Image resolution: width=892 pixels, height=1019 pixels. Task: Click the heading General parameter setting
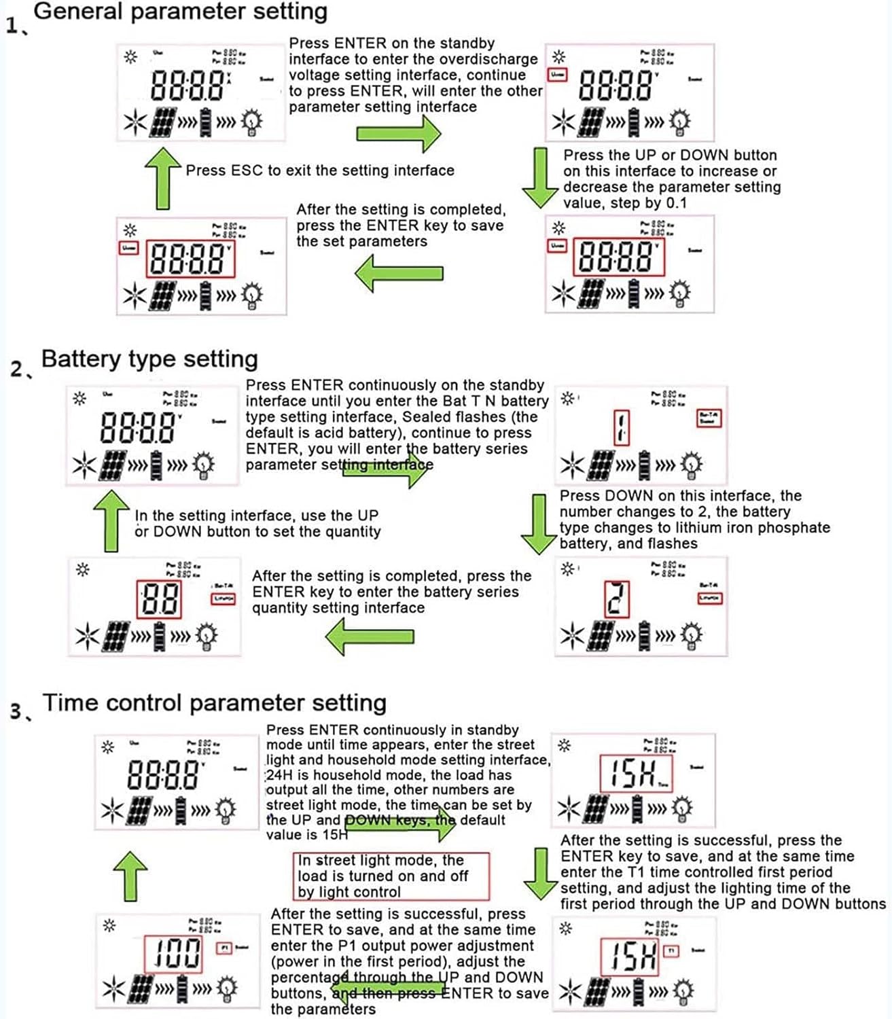[180, 12]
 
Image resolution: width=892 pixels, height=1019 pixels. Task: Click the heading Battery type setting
[149, 359]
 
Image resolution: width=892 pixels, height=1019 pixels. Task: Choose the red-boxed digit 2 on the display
[617, 598]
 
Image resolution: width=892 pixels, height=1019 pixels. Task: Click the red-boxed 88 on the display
[159, 600]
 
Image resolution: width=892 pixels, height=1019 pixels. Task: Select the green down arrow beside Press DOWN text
[539, 524]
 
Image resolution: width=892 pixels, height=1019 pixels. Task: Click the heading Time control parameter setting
[214, 702]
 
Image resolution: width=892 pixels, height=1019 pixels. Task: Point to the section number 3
[16, 711]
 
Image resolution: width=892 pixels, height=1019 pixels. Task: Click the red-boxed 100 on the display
[174, 952]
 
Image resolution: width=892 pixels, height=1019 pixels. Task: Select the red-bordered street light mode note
[391, 876]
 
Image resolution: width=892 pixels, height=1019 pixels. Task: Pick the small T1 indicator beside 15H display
[671, 950]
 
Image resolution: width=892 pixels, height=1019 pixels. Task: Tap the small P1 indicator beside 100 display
[224, 948]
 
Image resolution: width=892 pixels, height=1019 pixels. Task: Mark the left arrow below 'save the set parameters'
[399, 273]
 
